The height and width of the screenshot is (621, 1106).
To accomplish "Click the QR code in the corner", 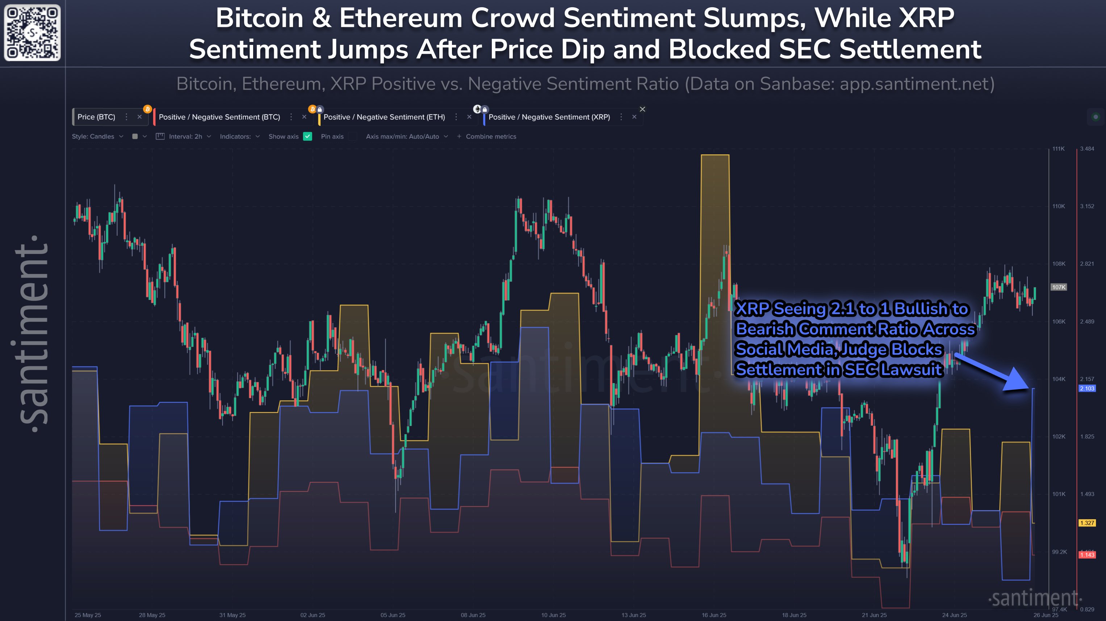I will pyautogui.click(x=32, y=33).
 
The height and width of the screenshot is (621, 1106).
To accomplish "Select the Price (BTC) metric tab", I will pyautogui.click(x=96, y=117).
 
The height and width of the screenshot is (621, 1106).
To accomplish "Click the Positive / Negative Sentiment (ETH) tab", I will pyautogui.click(x=384, y=117).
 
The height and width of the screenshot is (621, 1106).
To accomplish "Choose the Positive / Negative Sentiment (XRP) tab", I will pyautogui.click(x=549, y=117).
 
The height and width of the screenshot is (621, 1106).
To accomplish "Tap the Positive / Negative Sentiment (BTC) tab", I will pyautogui.click(x=219, y=117).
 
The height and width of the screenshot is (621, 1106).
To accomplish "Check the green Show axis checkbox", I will pyautogui.click(x=307, y=137).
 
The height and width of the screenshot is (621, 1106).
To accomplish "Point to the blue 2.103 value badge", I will pyautogui.click(x=1087, y=388).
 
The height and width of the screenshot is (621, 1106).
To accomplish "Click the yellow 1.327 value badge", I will pyautogui.click(x=1087, y=523).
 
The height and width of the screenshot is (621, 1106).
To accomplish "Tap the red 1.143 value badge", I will pyautogui.click(x=1087, y=555).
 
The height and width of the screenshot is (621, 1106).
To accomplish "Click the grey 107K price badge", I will pyautogui.click(x=1058, y=287).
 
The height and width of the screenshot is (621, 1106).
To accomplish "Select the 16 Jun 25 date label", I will pyautogui.click(x=713, y=615).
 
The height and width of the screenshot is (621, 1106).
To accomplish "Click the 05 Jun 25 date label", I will pyautogui.click(x=393, y=615).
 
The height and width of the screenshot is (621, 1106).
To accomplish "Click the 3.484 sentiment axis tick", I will pyautogui.click(x=1087, y=149).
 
